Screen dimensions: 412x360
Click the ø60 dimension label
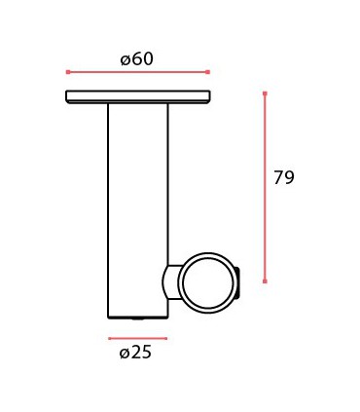[137, 58]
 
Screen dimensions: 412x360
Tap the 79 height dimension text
[284, 177]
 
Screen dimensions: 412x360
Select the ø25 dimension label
[136, 353]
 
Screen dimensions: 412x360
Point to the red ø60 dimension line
[137, 72]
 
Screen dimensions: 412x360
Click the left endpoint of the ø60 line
[67, 72]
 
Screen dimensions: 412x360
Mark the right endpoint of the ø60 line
[208, 72]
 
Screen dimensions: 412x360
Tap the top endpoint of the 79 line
[265, 94]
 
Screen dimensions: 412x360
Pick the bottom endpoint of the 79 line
[265, 281]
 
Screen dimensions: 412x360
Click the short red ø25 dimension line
[137, 339]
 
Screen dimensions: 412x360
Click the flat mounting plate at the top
[138, 96]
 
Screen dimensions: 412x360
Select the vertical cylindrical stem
[137, 205]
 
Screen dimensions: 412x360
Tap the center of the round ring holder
[205, 283]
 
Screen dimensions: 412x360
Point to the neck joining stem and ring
[170, 283]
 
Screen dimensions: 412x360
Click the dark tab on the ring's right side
[236, 282]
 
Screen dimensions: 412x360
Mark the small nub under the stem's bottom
[138, 318]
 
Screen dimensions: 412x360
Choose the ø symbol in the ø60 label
[126, 59]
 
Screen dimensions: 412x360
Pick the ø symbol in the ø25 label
[125, 353]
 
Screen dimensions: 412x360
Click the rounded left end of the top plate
[68, 96]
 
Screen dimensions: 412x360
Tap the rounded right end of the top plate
[208, 96]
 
